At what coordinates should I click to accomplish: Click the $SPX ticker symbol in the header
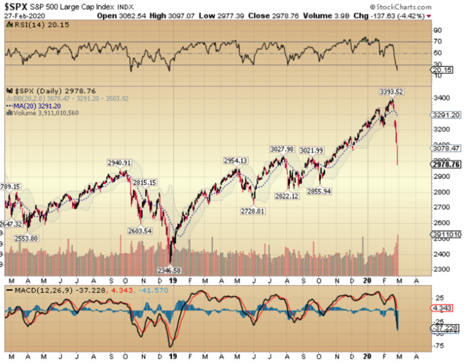coord(20,7)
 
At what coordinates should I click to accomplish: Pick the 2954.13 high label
coord(236,160)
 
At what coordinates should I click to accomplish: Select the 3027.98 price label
coord(282,149)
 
